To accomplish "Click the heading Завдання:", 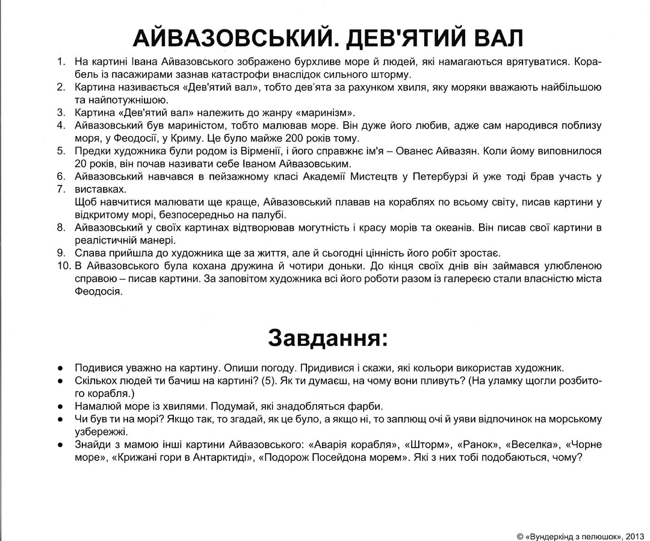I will (327, 338).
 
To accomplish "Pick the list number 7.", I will (61, 189).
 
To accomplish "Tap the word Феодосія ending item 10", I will (99, 292).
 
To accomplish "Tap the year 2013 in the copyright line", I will (636, 533).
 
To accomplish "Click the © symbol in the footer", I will (519, 533).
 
